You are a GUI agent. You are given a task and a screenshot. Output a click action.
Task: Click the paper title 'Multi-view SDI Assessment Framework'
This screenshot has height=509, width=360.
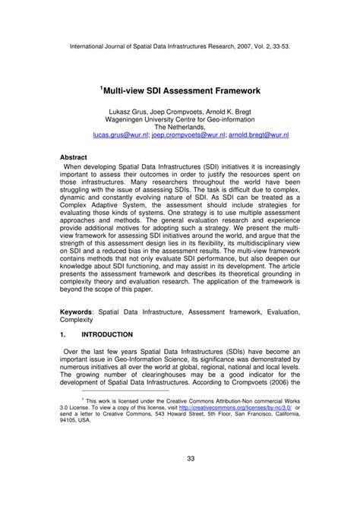(x=182, y=90)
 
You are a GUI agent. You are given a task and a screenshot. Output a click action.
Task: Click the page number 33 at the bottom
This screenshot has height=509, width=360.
(x=180, y=479)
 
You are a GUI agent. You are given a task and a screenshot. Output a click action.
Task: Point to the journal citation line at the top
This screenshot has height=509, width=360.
(x=179, y=46)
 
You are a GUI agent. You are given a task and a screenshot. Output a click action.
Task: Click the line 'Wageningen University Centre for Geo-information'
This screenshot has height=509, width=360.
(x=180, y=118)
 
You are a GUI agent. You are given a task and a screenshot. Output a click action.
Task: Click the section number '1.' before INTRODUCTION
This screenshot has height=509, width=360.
(x=65, y=334)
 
